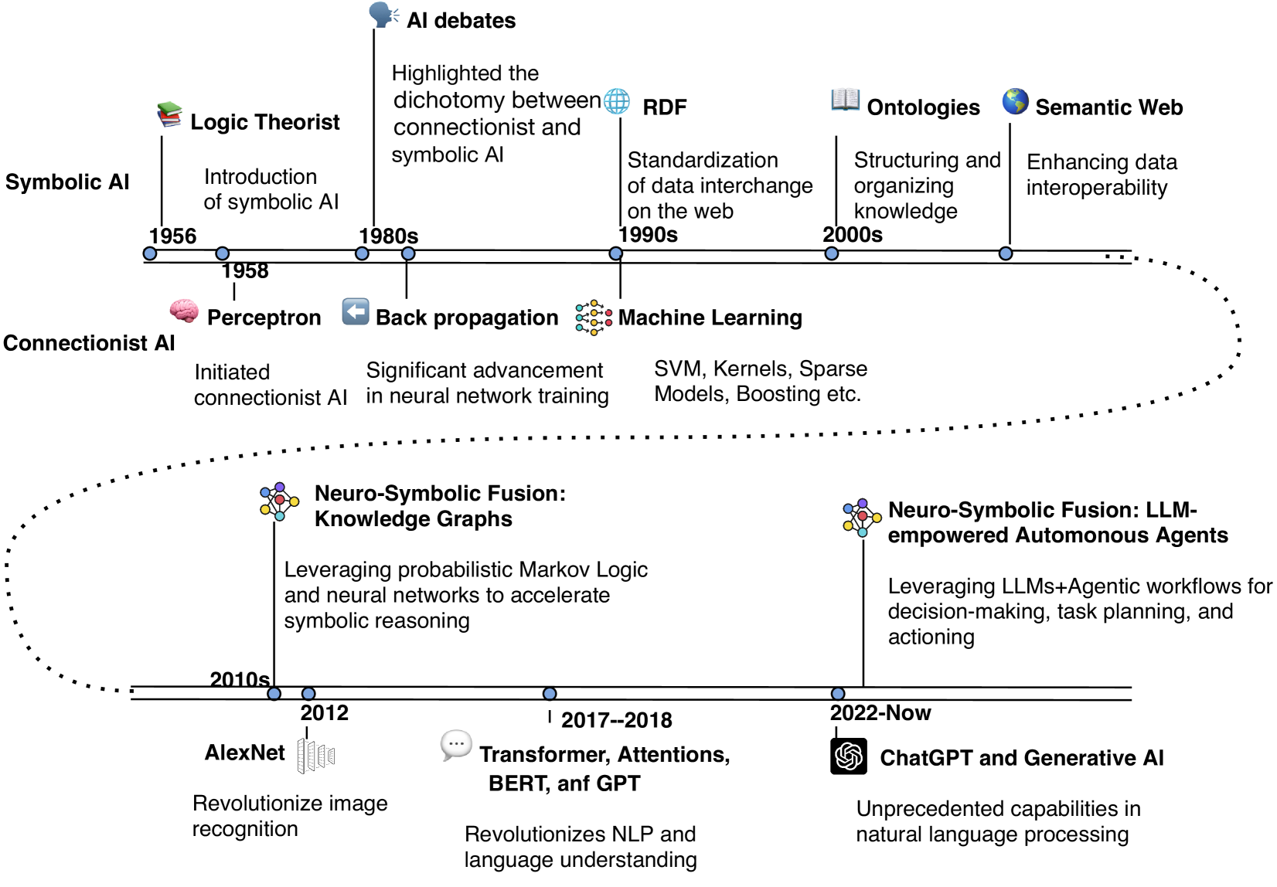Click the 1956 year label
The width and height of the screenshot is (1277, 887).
click(x=172, y=236)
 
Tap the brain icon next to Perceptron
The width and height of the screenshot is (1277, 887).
click(x=184, y=311)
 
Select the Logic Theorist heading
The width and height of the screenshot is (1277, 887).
click(x=264, y=122)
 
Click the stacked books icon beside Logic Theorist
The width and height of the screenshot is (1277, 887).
click(x=169, y=115)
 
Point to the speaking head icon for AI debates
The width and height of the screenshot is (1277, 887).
click(x=383, y=15)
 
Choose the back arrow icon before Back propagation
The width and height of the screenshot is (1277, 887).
click(x=356, y=311)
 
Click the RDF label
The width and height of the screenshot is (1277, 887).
click(x=664, y=107)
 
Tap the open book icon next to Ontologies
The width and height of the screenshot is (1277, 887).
click(x=845, y=100)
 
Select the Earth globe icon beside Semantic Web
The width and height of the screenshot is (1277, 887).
click(x=1015, y=101)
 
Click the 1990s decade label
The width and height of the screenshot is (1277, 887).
click(x=649, y=234)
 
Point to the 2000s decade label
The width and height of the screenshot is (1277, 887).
click(x=853, y=234)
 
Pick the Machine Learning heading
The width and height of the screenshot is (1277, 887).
click(x=710, y=318)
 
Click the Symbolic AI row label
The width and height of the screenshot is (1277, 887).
click(x=67, y=182)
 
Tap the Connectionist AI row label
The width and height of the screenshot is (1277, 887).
click(x=89, y=343)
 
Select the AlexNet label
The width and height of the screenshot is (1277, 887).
click(x=244, y=753)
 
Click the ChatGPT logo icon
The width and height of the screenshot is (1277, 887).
click(x=848, y=756)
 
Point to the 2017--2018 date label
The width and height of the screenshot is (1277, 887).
click(x=616, y=720)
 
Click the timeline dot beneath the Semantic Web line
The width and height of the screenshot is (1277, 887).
click(x=1006, y=253)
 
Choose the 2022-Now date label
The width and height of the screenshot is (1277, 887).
click(x=880, y=712)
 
